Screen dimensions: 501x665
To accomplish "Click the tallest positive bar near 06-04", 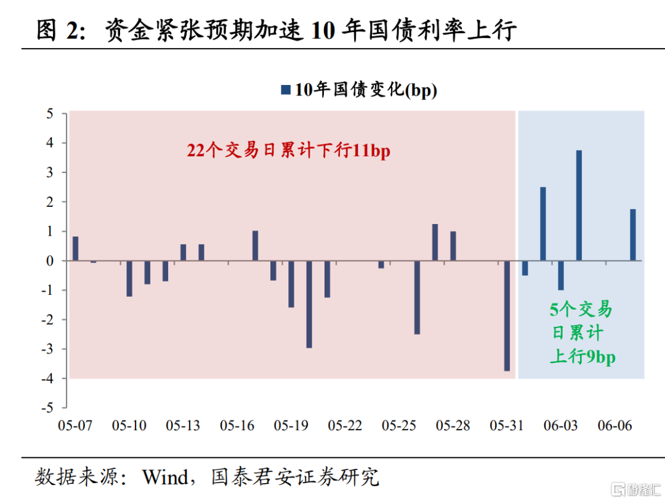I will click(579, 206).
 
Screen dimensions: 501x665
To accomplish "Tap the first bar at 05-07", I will click(75, 249).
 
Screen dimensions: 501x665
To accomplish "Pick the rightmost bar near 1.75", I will click(632, 235).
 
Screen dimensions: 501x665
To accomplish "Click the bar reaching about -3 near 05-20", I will click(309, 304).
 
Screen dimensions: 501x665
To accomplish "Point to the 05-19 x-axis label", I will click(291, 426).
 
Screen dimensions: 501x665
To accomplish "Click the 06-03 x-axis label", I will click(560, 426).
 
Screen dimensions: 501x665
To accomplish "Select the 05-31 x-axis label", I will click(506, 426).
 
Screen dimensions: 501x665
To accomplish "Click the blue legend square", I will click(285, 90).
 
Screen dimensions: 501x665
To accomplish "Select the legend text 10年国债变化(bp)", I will click(366, 90).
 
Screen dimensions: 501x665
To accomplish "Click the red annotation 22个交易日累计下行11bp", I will click(289, 151).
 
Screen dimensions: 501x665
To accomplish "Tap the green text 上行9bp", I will click(582, 356).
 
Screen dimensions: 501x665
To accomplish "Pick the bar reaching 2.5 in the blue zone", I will click(542, 224).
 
